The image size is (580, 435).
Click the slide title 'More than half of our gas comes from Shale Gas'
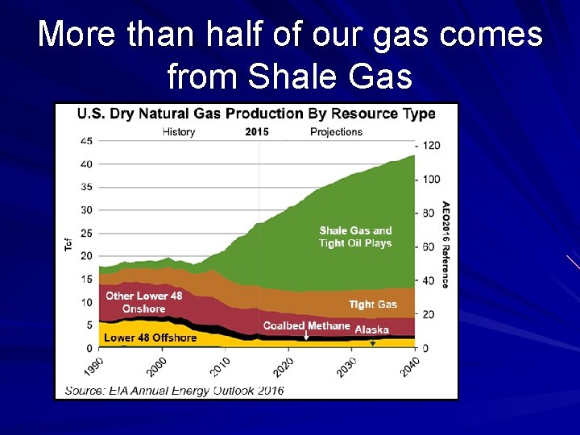290,55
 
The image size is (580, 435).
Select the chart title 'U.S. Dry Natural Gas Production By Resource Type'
255,114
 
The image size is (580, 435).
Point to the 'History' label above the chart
179,132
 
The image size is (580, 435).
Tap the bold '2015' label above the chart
257,132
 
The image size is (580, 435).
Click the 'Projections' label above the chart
336,132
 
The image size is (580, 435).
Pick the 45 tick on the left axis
86,141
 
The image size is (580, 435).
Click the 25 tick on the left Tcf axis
86,234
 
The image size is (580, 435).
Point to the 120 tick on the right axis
430,146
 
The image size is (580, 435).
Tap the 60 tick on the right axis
428,247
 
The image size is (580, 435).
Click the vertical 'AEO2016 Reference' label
445,244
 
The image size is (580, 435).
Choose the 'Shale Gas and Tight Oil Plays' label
355,237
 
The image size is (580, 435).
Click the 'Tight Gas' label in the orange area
372,304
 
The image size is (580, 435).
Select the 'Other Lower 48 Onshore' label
143,302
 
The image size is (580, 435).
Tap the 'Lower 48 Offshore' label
151,338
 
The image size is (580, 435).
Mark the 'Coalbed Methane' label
306,326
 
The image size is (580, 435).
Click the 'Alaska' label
371,329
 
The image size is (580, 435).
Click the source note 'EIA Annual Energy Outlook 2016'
174,391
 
